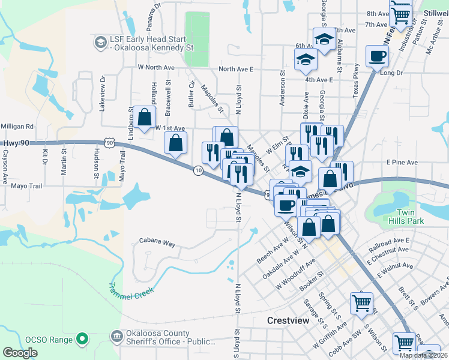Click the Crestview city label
click(288, 321)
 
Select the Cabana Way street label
click(157, 244)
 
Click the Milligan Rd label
click(17, 127)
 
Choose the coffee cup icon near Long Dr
click(377, 57)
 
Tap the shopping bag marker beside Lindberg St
click(145, 118)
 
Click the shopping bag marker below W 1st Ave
click(175, 143)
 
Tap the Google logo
click(20, 353)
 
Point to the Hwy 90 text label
click(15, 143)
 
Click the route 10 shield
click(197, 170)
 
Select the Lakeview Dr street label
click(102, 94)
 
